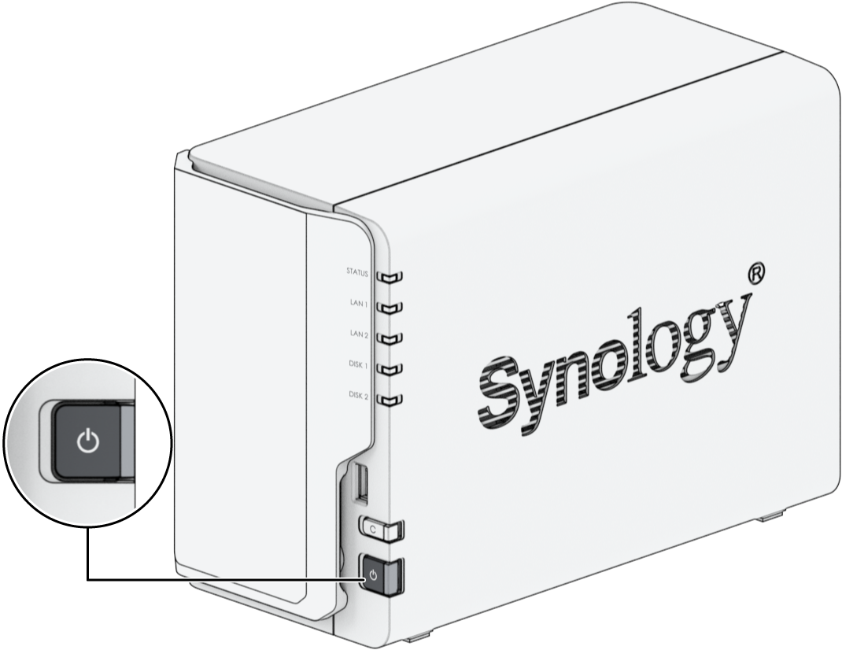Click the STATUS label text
coord(357,272)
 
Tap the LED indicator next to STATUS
coord(390,277)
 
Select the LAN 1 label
coord(359,303)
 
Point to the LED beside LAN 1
coord(390,308)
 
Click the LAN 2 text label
coord(359,334)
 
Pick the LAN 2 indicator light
coord(390,338)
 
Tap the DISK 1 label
coord(358,365)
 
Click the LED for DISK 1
coord(390,369)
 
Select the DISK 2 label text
coord(358,395)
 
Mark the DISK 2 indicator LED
coord(390,400)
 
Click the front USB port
coord(362,483)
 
